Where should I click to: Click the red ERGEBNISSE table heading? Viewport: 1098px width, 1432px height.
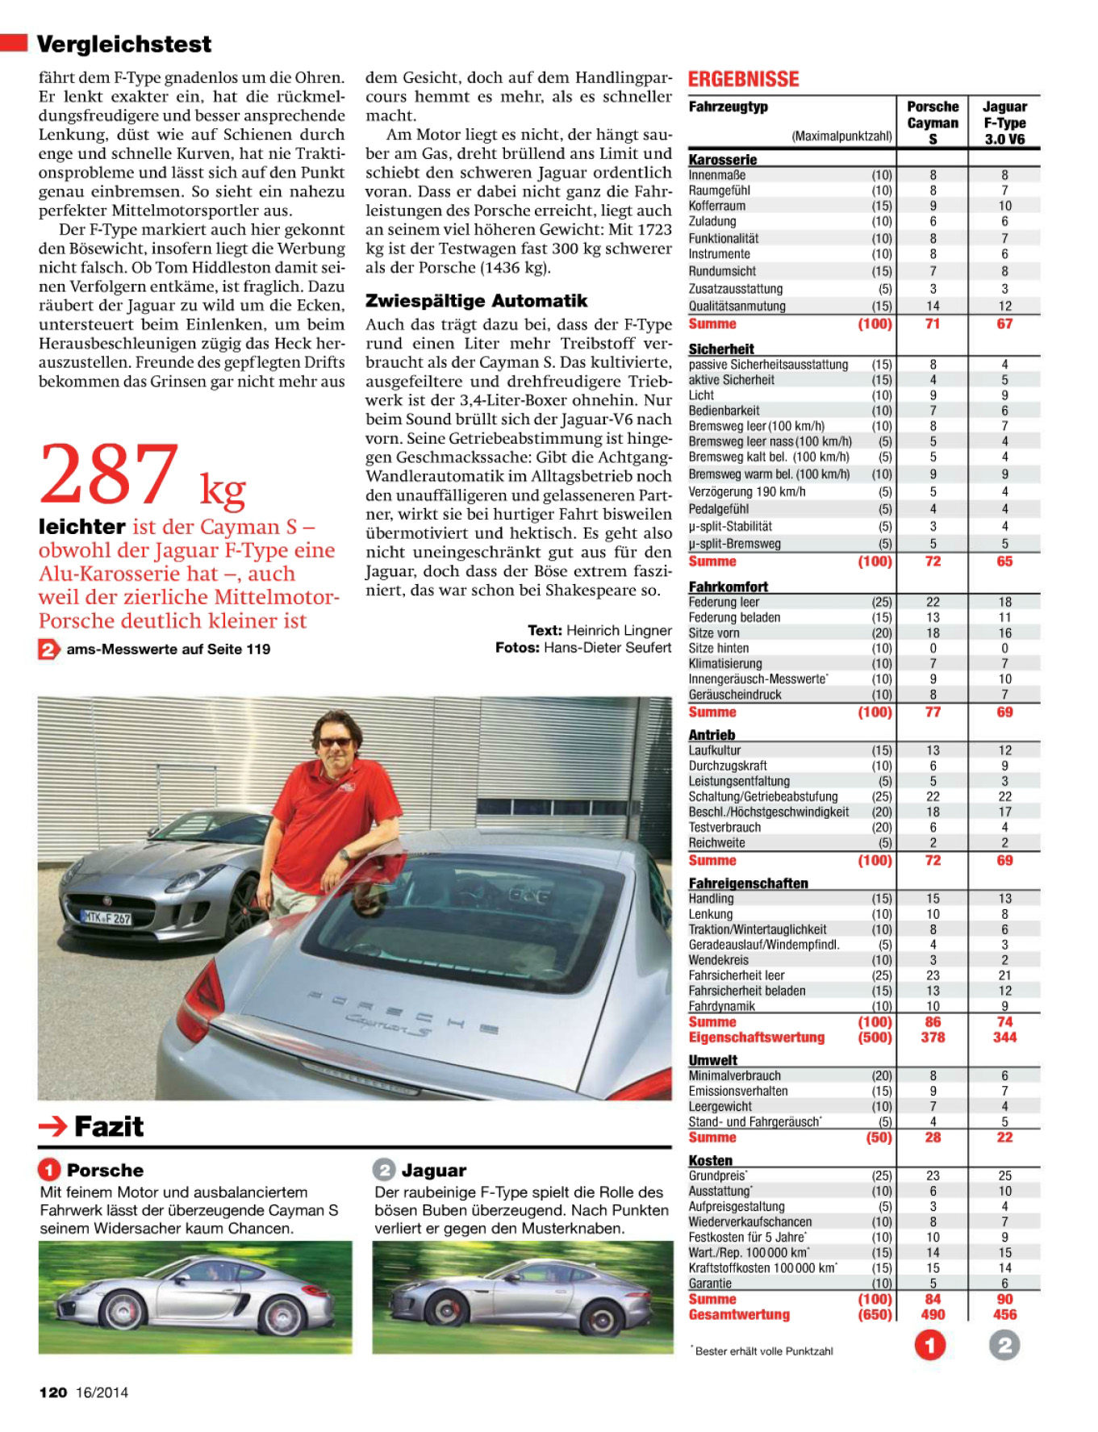pos(743,79)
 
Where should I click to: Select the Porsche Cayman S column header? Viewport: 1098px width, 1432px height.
pos(933,123)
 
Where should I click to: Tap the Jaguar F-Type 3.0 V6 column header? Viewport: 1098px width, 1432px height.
pos(1004,123)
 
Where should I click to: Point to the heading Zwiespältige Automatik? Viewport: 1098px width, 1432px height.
pos(476,301)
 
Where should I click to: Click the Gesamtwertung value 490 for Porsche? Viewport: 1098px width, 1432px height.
pos(933,1314)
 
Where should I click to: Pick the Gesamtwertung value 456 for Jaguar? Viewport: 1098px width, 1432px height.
pos(1004,1314)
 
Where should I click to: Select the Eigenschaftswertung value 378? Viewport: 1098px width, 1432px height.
pos(933,1037)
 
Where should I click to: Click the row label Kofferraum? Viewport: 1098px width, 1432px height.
pos(717,206)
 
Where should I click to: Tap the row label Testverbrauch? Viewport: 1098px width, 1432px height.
pos(724,827)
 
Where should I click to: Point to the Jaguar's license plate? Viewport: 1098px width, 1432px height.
pos(106,917)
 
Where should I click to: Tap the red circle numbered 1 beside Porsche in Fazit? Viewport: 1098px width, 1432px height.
pos(49,1170)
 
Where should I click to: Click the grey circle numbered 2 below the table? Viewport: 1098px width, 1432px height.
pos(1004,1345)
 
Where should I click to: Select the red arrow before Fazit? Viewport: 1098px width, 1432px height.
pos(53,1126)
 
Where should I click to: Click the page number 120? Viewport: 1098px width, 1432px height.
pos(53,1392)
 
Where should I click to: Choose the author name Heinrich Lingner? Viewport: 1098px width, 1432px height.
pos(619,630)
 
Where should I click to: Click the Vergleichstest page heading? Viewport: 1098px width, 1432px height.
pos(124,44)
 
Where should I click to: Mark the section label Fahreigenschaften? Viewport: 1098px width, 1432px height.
pos(748,883)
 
